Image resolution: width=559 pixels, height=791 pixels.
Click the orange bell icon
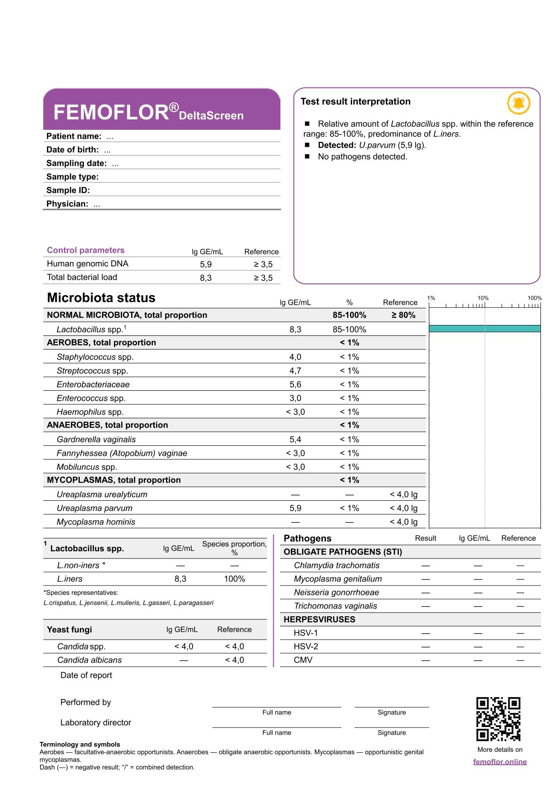click(x=518, y=103)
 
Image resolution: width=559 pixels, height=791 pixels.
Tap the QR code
click(x=498, y=719)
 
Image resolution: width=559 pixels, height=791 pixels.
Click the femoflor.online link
click(x=499, y=762)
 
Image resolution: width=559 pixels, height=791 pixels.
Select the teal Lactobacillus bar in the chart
click(x=485, y=329)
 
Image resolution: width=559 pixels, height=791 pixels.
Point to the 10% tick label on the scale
click(x=483, y=298)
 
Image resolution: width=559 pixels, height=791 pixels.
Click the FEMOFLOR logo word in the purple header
click(x=111, y=112)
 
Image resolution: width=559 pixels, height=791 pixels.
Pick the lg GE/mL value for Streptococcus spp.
click(x=295, y=370)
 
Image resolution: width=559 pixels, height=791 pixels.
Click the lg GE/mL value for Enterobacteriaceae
click(x=295, y=384)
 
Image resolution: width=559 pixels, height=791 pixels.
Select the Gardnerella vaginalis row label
click(x=96, y=439)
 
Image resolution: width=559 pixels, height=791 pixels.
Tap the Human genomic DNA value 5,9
click(x=206, y=265)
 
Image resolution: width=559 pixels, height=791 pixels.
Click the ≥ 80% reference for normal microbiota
click(x=403, y=315)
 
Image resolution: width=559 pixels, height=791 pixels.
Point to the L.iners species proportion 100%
click(x=234, y=579)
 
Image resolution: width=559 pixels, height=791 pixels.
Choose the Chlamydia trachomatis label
click(x=336, y=565)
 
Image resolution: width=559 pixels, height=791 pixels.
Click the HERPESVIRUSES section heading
click(x=319, y=619)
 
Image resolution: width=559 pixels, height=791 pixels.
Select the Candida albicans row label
click(x=89, y=660)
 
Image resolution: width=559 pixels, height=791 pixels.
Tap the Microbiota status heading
click(x=101, y=298)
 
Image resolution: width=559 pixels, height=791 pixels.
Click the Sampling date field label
click(x=77, y=163)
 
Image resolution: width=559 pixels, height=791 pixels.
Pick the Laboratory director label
click(x=96, y=722)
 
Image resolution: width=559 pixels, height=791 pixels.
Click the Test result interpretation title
click(x=355, y=101)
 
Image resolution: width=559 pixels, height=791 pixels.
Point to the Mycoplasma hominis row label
click(x=96, y=522)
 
